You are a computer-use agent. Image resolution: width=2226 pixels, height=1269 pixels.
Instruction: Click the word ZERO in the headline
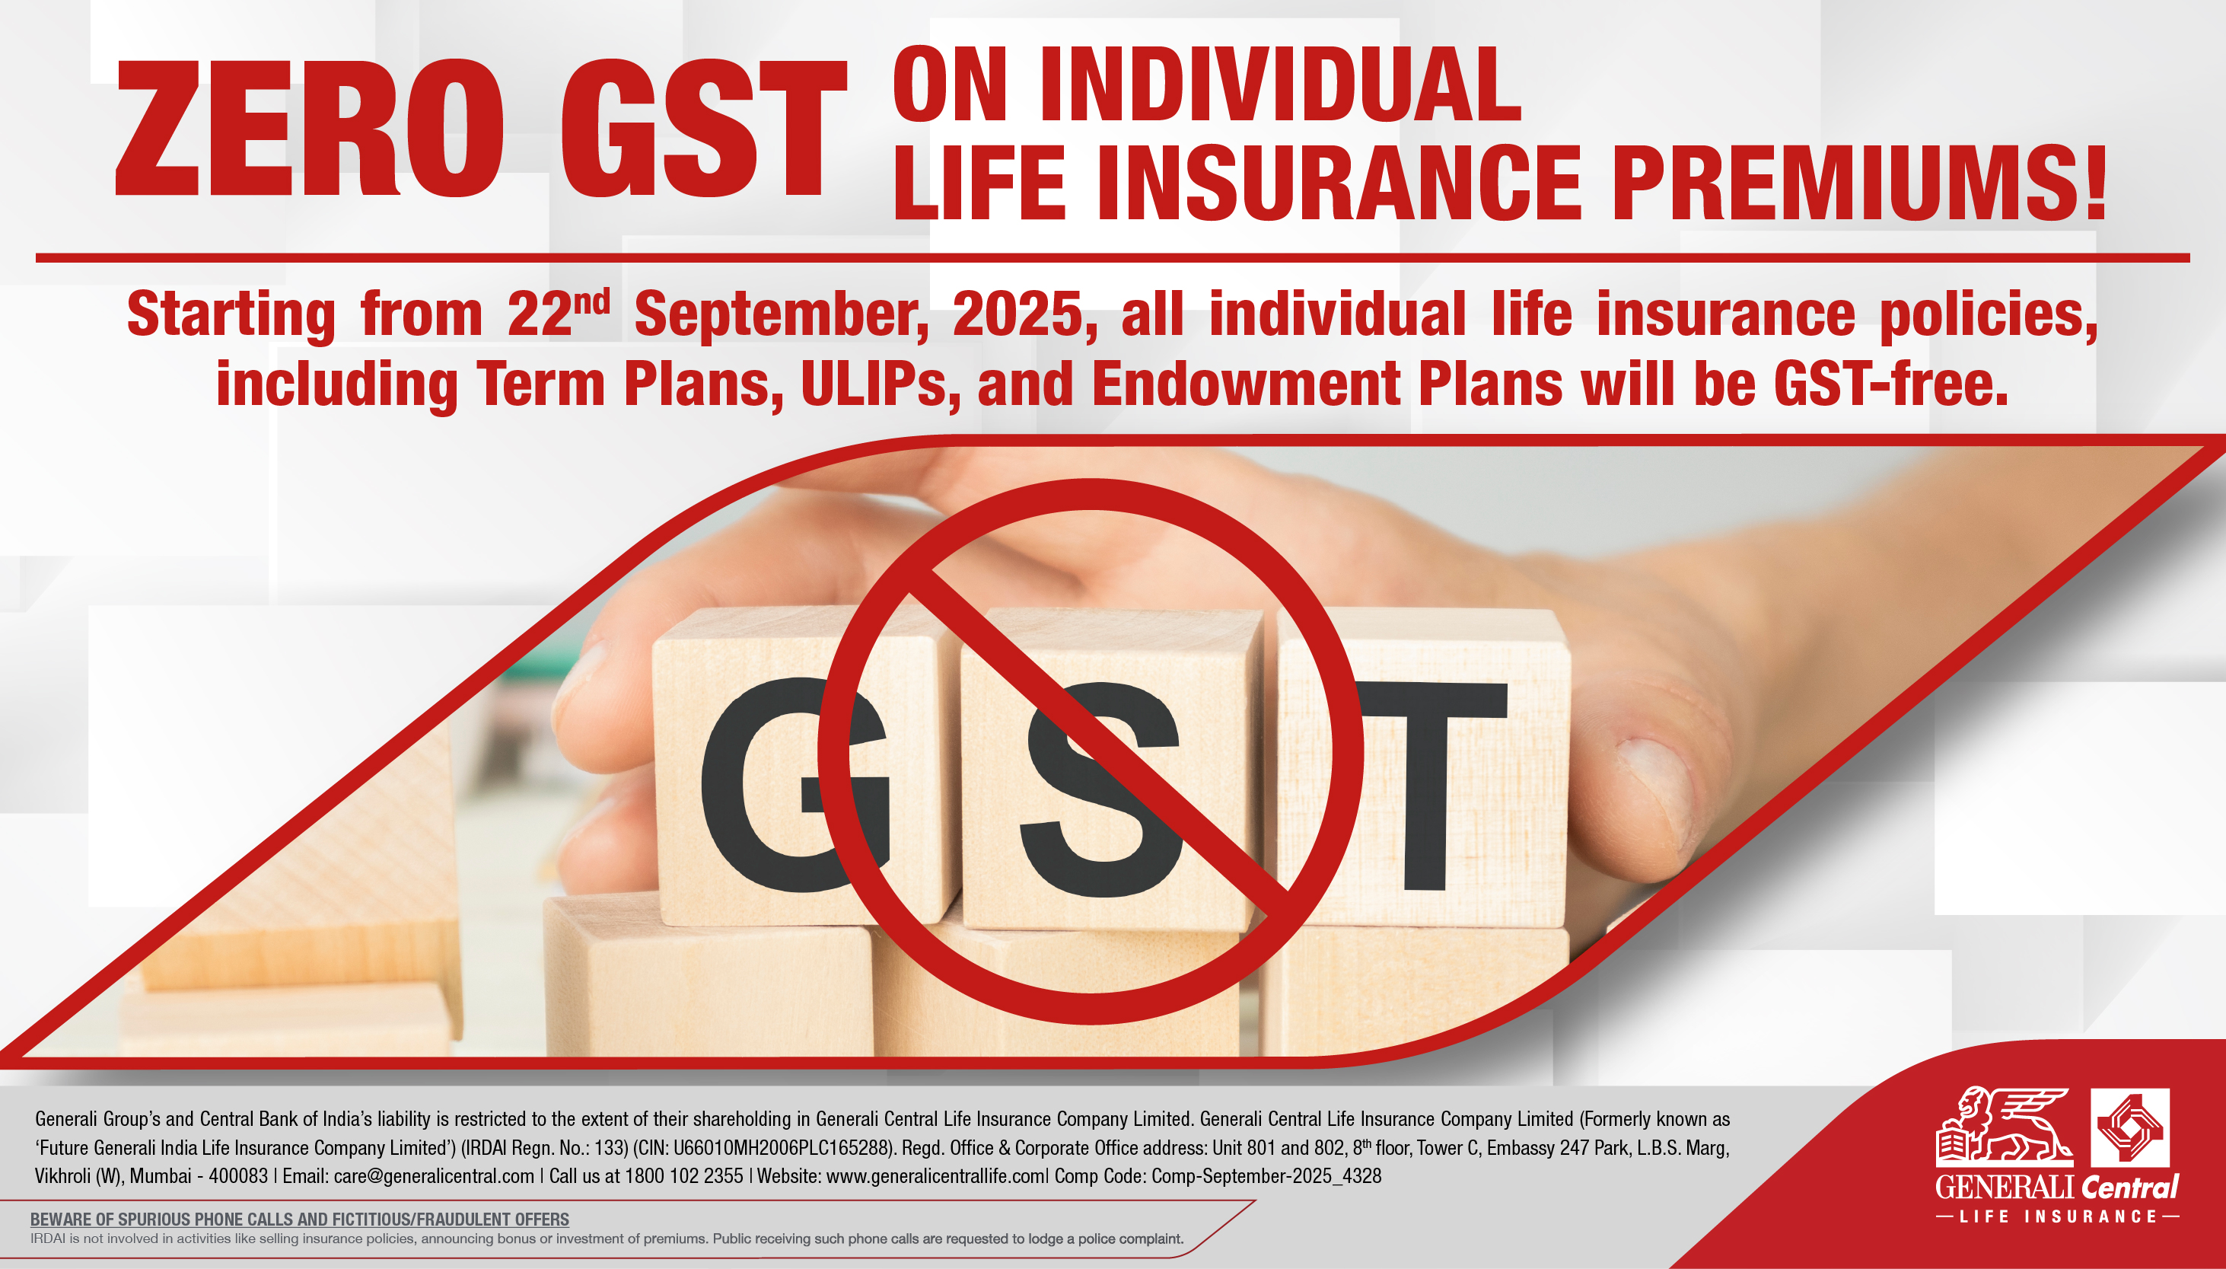(309, 129)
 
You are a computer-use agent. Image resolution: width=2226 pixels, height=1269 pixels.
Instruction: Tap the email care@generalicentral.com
(433, 1175)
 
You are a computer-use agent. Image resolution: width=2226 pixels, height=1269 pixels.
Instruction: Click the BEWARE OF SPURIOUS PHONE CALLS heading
(300, 1220)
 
